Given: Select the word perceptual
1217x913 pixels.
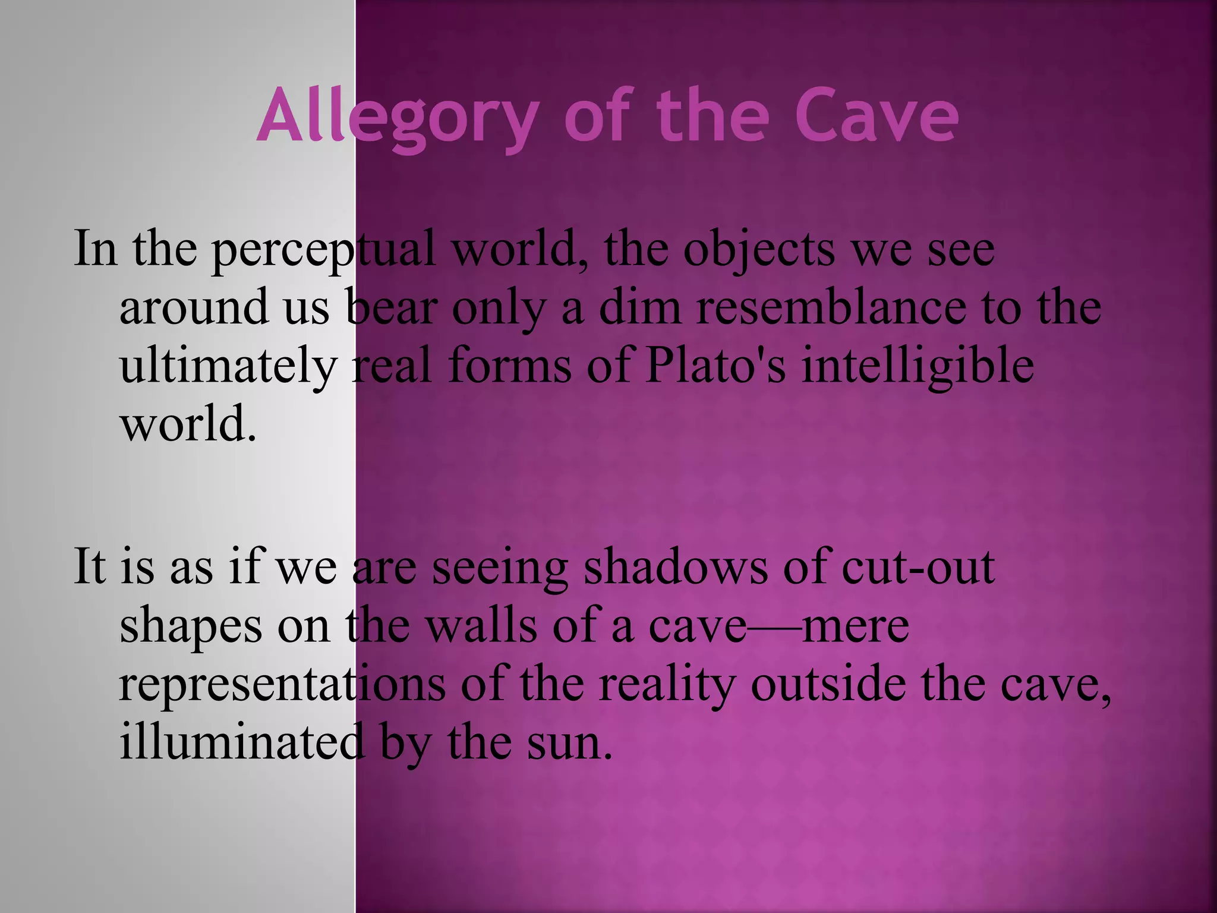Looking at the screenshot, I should point(324,250).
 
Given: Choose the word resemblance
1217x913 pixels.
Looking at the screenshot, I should point(831,307).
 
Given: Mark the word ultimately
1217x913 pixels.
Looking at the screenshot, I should point(228,367).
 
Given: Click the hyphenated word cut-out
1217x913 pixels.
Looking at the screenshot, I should point(918,568).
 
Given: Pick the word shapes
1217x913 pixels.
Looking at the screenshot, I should point(190,627).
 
